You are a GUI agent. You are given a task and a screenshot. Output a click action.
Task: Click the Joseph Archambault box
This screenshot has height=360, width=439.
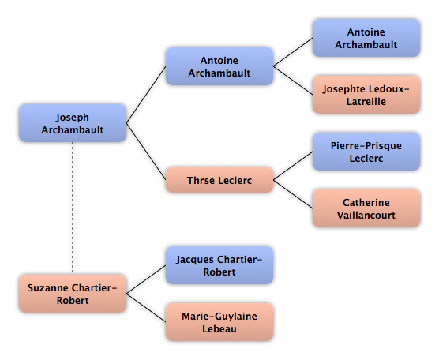pyautogui.click(x=73, y=123)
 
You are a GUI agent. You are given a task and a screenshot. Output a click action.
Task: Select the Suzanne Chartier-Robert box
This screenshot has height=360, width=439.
pyautogui.click(x=73, y=294)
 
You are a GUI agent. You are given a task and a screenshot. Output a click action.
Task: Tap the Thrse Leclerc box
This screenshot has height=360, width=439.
pyautogui.click(x=219, y=180)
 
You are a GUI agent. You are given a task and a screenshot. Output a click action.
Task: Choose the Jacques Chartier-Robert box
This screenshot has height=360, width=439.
pyautogui.click(x=219, y=265)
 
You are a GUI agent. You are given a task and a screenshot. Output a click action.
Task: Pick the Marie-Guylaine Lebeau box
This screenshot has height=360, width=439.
pyautogui.click(x=219, y=322)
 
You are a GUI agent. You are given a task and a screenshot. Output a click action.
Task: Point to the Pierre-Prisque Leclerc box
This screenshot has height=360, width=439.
pyautogui.click(x=366, y=152)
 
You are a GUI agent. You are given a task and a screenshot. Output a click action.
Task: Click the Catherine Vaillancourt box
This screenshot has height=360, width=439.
pyautogui.click(x=366, y=208)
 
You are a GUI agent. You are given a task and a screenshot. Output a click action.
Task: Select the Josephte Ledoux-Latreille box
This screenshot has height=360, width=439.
pyautogui.click(x=366, y=95)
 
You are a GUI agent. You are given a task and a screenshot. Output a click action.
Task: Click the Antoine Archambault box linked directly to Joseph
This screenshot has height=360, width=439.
pyautogui.click(x=219, y=66)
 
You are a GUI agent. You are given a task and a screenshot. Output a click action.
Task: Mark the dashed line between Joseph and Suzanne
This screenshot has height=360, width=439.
pyautogui.click(x=73, y=208)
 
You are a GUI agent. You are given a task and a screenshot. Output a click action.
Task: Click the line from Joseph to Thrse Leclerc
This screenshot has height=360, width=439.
pyautogui.click(x=146, y=152)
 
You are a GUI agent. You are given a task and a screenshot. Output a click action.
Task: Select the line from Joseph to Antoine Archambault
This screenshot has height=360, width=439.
pyautogui.click(x=146, y=95)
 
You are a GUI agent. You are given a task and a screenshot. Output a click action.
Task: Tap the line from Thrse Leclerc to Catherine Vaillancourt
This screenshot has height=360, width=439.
pyautogui.click(x=293, y=194)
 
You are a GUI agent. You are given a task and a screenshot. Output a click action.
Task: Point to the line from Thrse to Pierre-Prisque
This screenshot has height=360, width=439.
pyautogui.click(x=293, y=166)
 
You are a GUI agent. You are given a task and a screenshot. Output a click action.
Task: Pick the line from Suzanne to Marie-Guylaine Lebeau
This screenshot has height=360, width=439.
pyautogui.click(x=146, y=308)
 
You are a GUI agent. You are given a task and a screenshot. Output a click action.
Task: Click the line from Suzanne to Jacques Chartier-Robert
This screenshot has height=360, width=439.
pyautogui.click(x=146, y=279)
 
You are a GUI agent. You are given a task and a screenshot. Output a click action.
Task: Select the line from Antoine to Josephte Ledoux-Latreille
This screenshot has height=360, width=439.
pyautogui.click(x=293, y=81)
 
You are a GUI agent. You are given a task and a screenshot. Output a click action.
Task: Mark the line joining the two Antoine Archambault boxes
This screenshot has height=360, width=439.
pyautogui.click(x=293, y=52)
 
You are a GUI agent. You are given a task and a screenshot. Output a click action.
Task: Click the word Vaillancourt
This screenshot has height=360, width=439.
pyautogui.click(x=366, y=215)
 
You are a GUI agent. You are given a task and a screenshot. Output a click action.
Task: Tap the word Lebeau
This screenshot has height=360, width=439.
pyautogui.click(x=219, y=328)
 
